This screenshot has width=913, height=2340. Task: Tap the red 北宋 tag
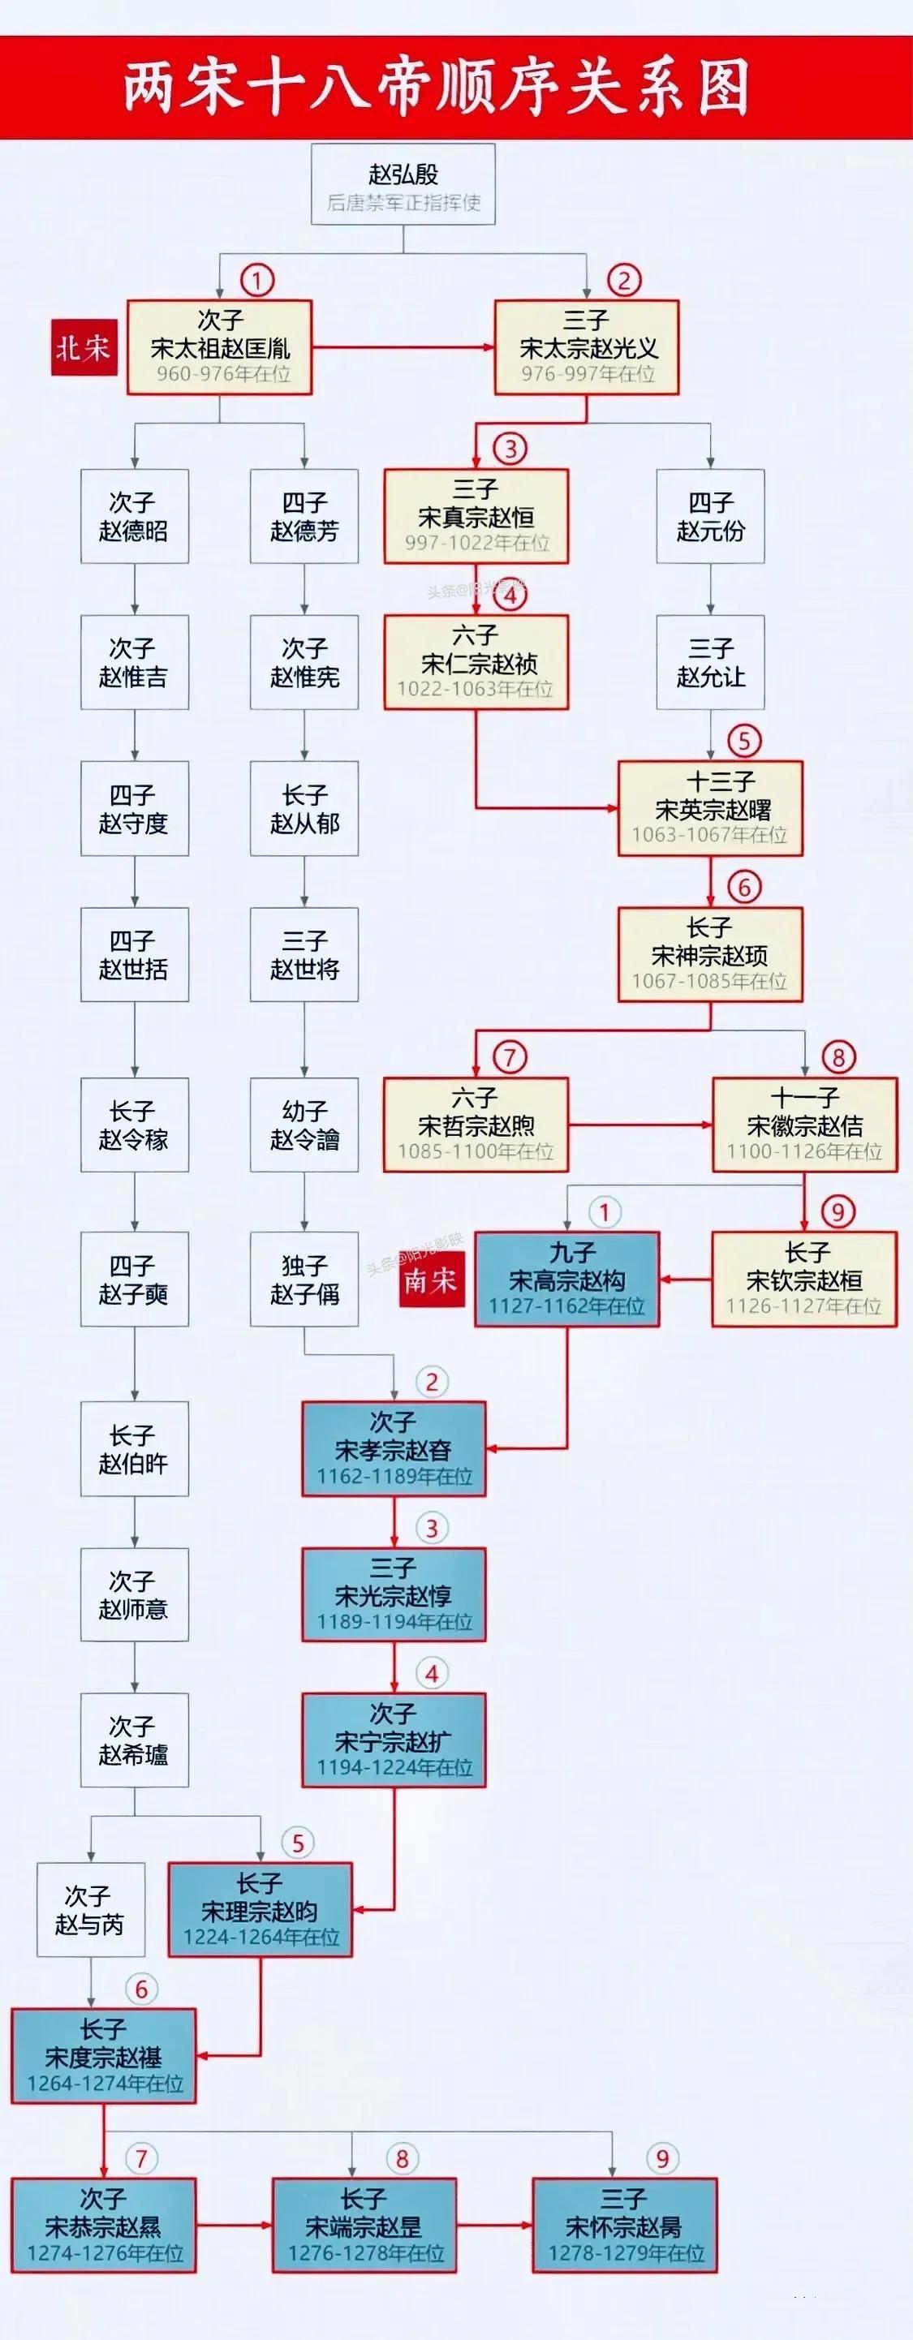pyautogui.click(x=84, y=348)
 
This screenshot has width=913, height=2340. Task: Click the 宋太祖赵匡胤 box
pyautogui.click(x=220, y=347)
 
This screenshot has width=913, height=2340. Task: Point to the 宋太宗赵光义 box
pyautogui.click(x=587, y=347)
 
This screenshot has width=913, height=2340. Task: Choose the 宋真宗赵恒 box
pyautogui.click(x=476, y=516)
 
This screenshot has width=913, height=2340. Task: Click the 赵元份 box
pyautogui.click(x=710, y=516)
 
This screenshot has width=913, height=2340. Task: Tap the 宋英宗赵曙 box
pyautogui.click(x=710, y=808)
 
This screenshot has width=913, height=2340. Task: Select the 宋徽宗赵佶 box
pyautogui.click(x=805, y=1125)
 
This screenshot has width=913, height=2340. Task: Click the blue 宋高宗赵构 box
pyautogui.click(x=567, y=1280)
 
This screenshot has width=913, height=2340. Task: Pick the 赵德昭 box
pyautogui.click(x=135, y=516)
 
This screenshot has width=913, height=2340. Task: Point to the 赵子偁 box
pyautogui.click(x=304, y=1279)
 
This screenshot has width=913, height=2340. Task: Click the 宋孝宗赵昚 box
pyautogui.click(x=394, y=1449)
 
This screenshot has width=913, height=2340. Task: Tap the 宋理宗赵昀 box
pyautogui.click(x=260, y=1910)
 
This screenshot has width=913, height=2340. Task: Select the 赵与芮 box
pyautogui.click(x=91, y=1910)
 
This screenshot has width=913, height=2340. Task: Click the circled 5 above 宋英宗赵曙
pyautogui.click(x=744, y=740)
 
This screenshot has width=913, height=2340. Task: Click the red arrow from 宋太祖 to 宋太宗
pyautogui.click(x=403, y=347)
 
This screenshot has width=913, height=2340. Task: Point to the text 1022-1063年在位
pyautogui.click(x=476, y=689)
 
